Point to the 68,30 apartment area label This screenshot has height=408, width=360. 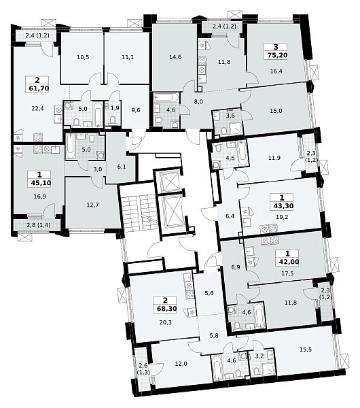[166, 309]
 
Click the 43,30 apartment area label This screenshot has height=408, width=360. [283, 206]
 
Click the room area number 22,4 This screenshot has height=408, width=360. [38, 108]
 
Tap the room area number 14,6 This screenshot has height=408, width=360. [175, 57]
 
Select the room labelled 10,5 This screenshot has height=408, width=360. [83, 57]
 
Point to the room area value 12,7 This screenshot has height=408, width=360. [93, 205]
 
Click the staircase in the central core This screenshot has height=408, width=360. [138, 211]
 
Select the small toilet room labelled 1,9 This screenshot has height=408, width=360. [113, 115]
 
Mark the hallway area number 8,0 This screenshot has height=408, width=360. [198, 101]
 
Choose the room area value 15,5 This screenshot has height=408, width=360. [306, 350]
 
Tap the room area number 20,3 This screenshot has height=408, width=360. [166, 322]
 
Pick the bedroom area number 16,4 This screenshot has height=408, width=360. [276, 71]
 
